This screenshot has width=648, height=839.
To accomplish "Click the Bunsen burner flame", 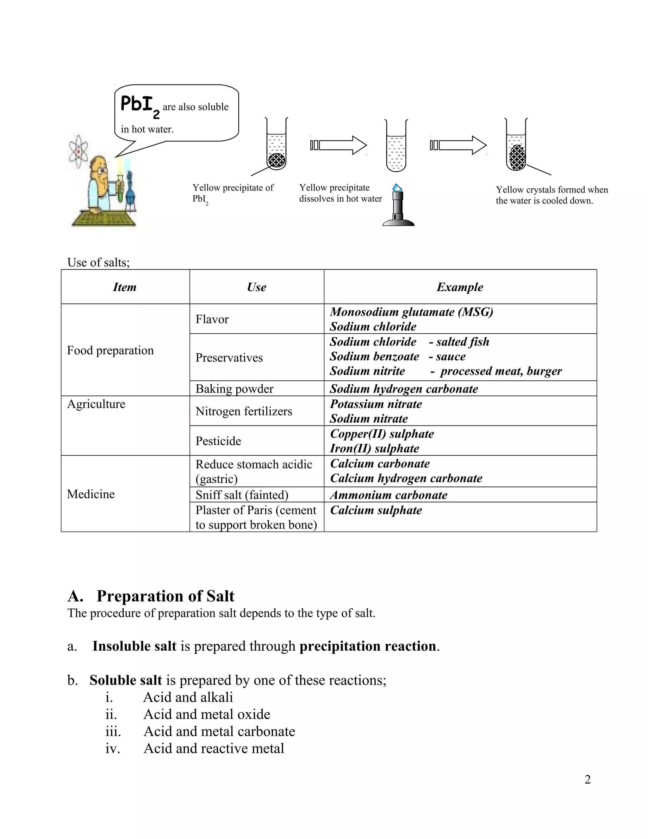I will (397, 188).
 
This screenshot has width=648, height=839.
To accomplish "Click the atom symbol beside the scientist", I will (79, 151).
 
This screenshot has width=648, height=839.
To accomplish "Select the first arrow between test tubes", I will (339, 145).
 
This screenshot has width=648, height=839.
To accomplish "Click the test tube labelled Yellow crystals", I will (516, 146).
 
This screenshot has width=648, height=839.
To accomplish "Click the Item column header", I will (124, 287).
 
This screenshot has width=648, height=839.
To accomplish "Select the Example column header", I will (459, 287).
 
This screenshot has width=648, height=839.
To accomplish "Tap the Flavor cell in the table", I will (212, 319).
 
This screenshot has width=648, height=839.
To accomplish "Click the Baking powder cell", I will (234, 389).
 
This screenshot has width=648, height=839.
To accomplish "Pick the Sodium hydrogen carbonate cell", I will (404, 389).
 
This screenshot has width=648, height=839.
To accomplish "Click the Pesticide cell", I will (218, 441).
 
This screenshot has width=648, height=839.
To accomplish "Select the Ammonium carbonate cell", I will (389, 495).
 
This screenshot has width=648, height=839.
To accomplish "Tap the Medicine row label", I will (91, 494).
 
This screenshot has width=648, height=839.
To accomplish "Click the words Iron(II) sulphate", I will (374, 448).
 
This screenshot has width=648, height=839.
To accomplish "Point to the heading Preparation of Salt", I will (165, 596).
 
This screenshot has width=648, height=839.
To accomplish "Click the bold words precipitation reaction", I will (368, 646).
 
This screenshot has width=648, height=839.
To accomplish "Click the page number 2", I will (587, 779).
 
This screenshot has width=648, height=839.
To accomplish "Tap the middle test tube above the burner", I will (396, 146).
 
